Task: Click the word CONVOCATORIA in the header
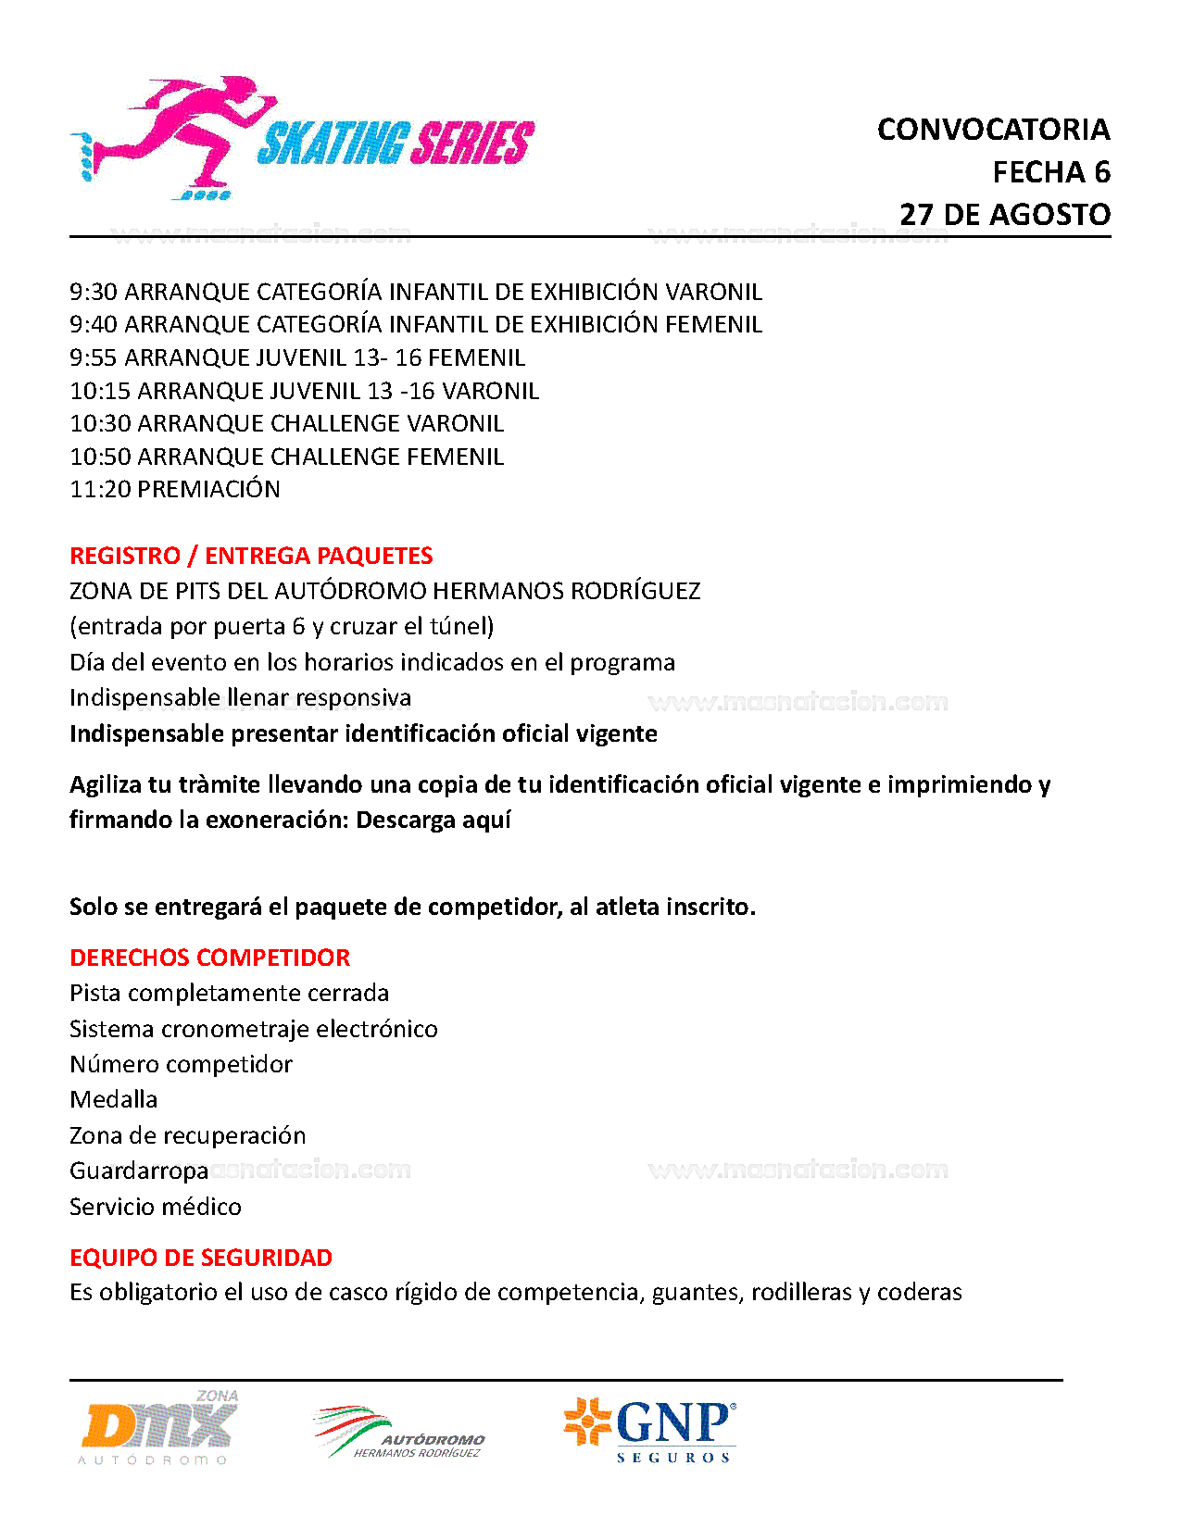(x=993, y=130)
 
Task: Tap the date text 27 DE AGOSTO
(x=1005, y=215)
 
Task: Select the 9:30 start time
(x=93, y=293)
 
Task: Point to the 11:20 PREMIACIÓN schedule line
(x=175, y=490)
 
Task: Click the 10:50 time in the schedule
(x=99, y=457)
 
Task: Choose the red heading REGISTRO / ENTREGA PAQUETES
(x=251, y=556)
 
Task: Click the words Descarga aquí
(x=433, y=820)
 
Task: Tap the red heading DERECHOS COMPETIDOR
(x=210, y=958)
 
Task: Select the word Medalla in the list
(x=114, y=1100)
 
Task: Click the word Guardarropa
(x=139, y=1171)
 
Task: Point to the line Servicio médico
(x=156, y=1207)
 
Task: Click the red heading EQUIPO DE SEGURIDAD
(x=201, y=1258)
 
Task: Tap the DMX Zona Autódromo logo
(x=159, y=1427)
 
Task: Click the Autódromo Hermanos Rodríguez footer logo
(x=400, y=1434)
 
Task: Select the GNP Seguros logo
(x=650, y=1429)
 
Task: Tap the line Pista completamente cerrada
(x=229, y=994)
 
